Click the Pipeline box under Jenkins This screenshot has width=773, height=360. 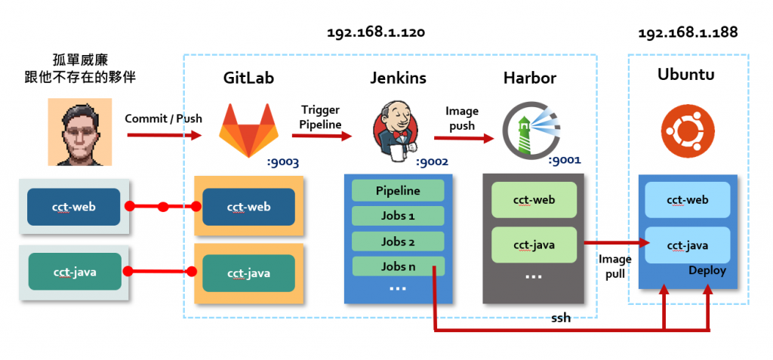398,191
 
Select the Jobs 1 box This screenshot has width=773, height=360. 398,217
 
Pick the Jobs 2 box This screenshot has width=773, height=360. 398,242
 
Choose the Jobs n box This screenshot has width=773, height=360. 398,266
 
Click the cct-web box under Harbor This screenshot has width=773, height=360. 534,200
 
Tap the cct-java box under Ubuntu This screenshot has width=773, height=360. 687,245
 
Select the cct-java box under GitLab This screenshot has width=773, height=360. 248,273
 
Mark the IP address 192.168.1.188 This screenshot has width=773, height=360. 688,33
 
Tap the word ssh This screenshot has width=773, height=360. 561,318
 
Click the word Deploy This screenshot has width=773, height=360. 707,271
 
